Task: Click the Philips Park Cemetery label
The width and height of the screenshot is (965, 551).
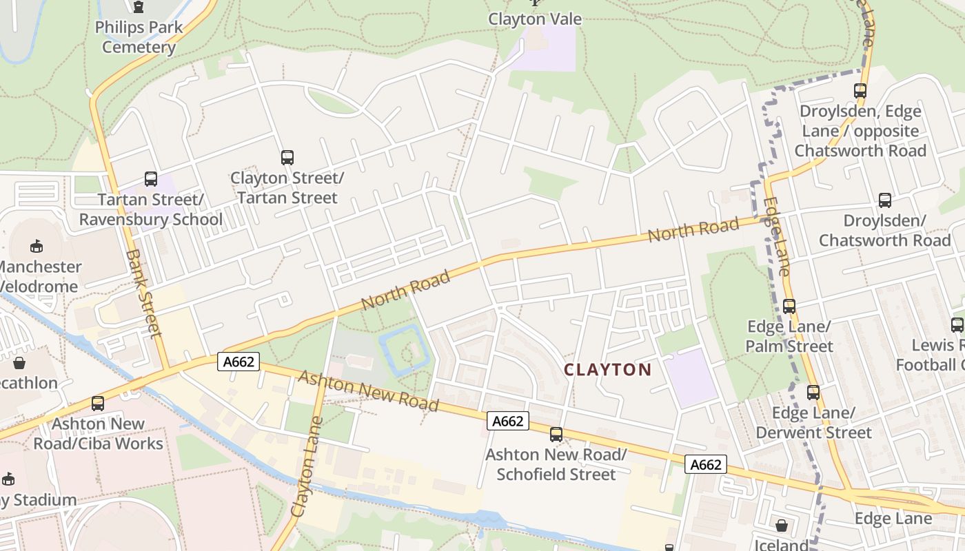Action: pyautogui.click(x=139, y=37)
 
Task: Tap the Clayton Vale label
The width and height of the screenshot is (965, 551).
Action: pyautogui.click(x=535, y=19)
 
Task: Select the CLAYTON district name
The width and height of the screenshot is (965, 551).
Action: pyautogui.click(x=607, y=370)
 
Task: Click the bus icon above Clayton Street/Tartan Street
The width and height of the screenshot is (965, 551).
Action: pyautogui.click(x=287, y=158)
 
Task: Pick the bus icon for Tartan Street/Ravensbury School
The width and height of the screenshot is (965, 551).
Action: pyautogui.click(x=150, y=179)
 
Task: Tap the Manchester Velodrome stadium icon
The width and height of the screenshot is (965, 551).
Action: pyautogui.click(x=37, y=246)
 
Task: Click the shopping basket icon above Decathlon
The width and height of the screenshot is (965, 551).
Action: pyautogui.click(x=19, y=362)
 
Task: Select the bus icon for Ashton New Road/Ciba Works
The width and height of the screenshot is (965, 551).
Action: pyautogui.click(x=98, y=404)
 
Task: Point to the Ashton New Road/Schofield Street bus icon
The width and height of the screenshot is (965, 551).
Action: pyautogui.click(x=556, y=435)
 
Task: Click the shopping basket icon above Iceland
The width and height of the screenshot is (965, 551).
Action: pyautogui.click(x=781, y=526)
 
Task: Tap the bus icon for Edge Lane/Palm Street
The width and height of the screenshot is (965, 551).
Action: pyautogui.click(x=789, y=306)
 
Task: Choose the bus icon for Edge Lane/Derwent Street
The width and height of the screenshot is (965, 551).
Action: pyautogui.click(x=813, y=393)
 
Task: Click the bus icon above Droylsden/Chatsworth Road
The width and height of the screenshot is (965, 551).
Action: pyautogui.click(x=884, y=200)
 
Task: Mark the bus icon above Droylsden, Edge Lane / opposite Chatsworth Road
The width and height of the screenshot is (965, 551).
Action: pyautogui.click(x=860, y=91)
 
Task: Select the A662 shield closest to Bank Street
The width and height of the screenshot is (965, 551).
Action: pyautogui.click(x=238, y=362)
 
